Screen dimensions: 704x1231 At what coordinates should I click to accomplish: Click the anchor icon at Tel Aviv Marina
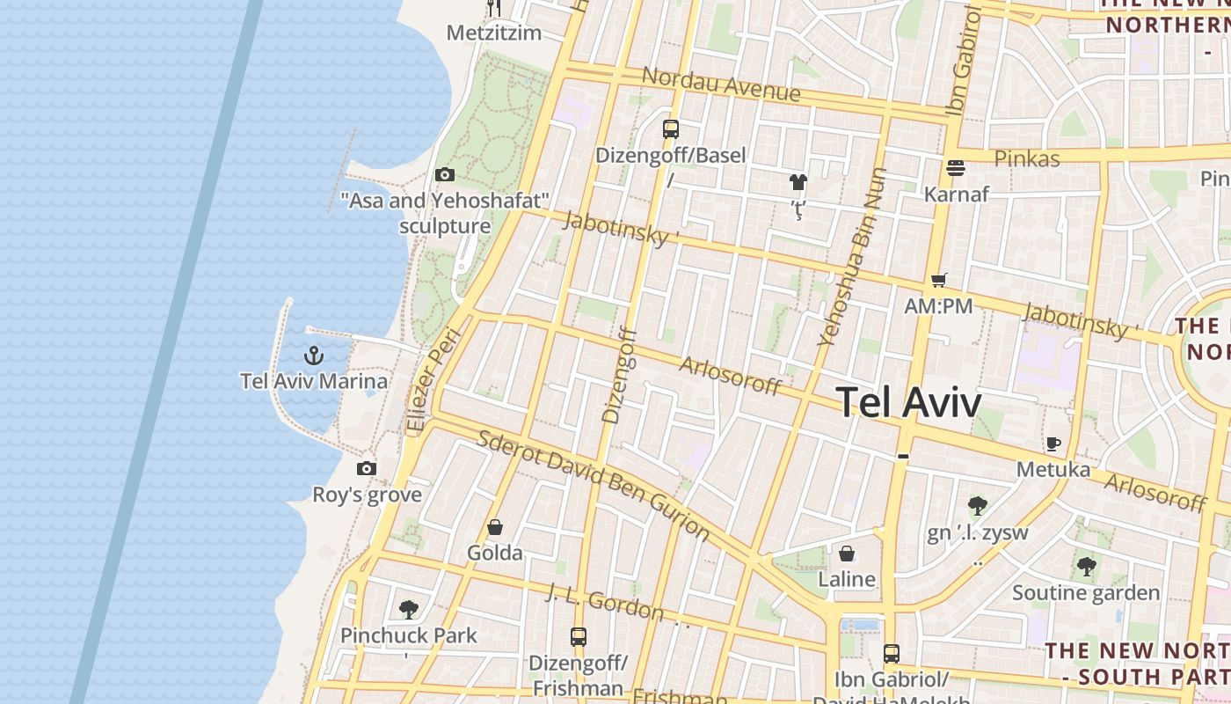click(x=314, y=356)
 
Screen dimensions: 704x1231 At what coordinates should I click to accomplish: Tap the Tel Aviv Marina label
click(x=314, y=381)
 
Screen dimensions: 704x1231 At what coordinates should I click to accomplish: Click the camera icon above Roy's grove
click(x=367, y=469)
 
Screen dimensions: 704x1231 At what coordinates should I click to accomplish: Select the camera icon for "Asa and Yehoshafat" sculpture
click(x=445, y=175)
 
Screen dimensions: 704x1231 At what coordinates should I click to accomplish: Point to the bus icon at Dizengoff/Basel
click(x=671, y=129)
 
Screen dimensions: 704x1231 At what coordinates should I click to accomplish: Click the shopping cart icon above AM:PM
click(x=939, y=281)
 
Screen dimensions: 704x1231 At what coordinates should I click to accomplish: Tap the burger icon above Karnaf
click(x=956, y=167)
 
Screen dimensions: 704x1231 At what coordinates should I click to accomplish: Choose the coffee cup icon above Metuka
click(x=1053, y=444)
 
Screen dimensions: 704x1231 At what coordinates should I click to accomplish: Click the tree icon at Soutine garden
click(x=1087, y=567)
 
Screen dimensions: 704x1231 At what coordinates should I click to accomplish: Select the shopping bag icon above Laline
click(x=846, y=554)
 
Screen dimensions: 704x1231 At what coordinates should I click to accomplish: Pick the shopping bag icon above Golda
click(x=495, y=528)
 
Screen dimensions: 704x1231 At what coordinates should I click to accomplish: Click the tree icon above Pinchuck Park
click(x=408, y=609)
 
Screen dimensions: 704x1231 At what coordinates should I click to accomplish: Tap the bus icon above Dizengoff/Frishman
click(x=578, y=636)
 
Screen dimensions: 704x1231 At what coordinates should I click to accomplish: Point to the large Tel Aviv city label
click(x=908, y=403)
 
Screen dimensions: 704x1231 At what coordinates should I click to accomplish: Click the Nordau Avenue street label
click(x=721, y=84)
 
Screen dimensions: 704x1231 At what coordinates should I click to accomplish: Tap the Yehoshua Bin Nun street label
click(x=851, y=257)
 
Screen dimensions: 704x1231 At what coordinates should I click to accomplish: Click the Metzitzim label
click(x=493, y=33)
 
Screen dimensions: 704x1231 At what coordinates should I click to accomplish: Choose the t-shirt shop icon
click(x=798, y=182)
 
